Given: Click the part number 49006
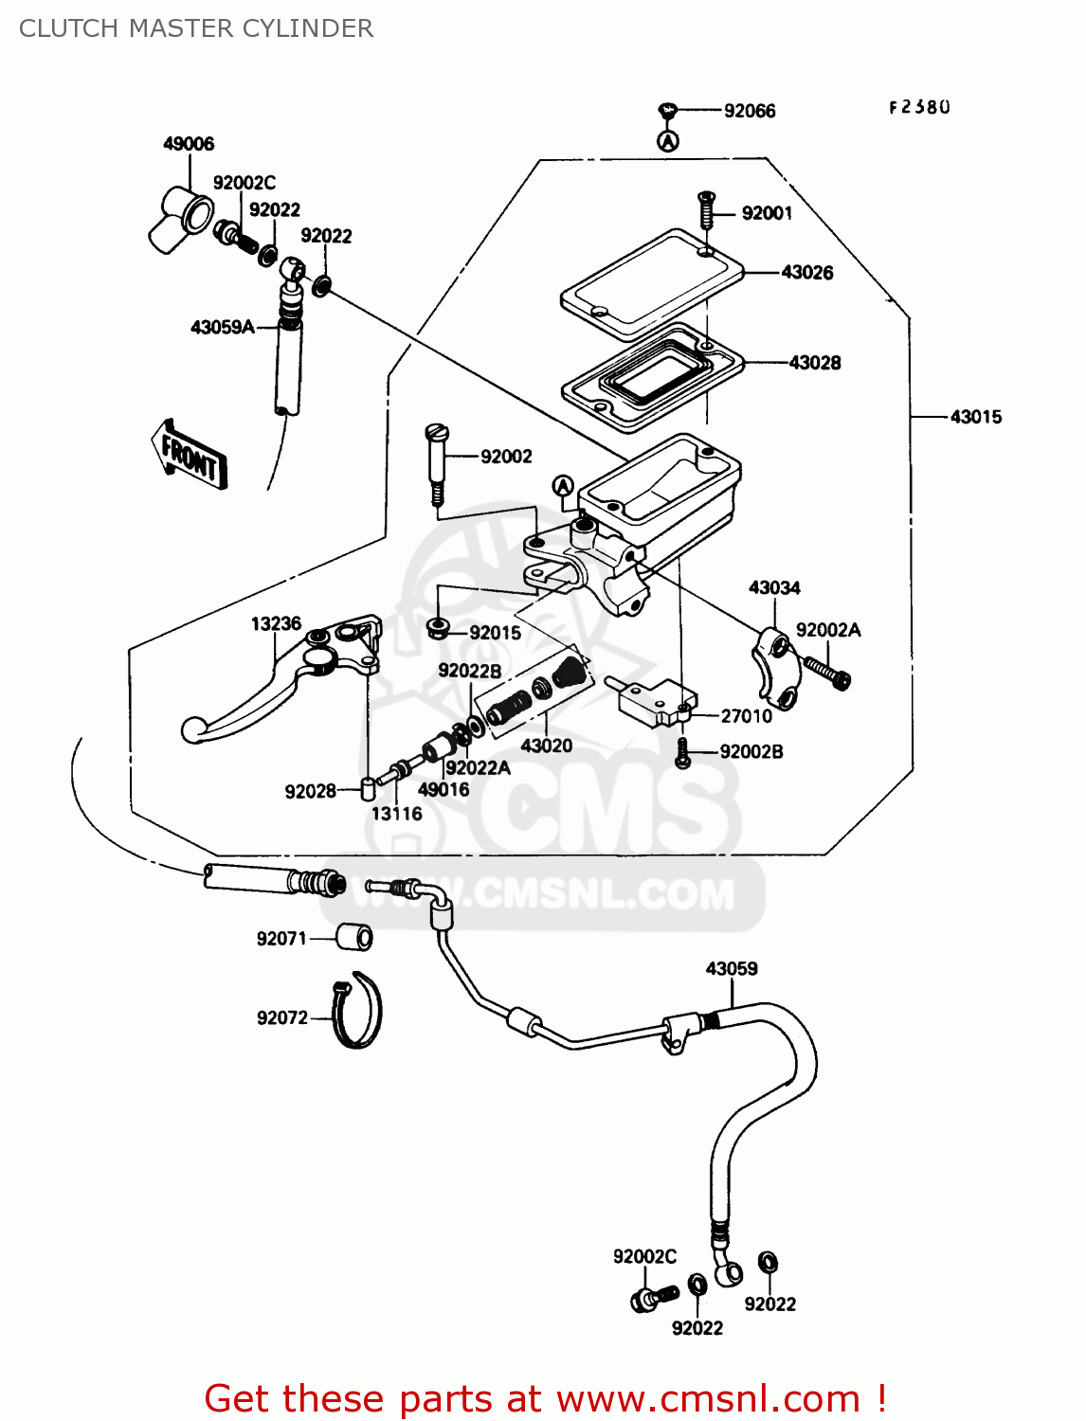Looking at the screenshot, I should coord(189,144).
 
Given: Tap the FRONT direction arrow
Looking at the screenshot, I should coord(190,456).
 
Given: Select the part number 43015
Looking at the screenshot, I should coord(975,417).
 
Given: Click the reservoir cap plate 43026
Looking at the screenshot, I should coord(652,282).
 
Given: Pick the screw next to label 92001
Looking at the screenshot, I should coord(705,210).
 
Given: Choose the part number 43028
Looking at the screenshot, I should coord(814,363).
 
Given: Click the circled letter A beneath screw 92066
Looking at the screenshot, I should coord(668,142).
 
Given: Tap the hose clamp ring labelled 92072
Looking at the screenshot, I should coord(358,1011).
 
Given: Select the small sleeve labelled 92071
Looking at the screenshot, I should coord(355,938).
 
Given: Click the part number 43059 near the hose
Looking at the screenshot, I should coord(731,969).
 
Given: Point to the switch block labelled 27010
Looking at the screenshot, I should coord(655,702).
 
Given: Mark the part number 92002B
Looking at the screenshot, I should coord(751,752).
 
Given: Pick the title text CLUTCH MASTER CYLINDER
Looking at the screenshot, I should coord(196,28).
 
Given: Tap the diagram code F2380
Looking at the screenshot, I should coord(919,108).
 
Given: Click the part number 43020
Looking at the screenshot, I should coord(547,746).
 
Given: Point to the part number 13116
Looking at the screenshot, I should coord(396,814).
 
